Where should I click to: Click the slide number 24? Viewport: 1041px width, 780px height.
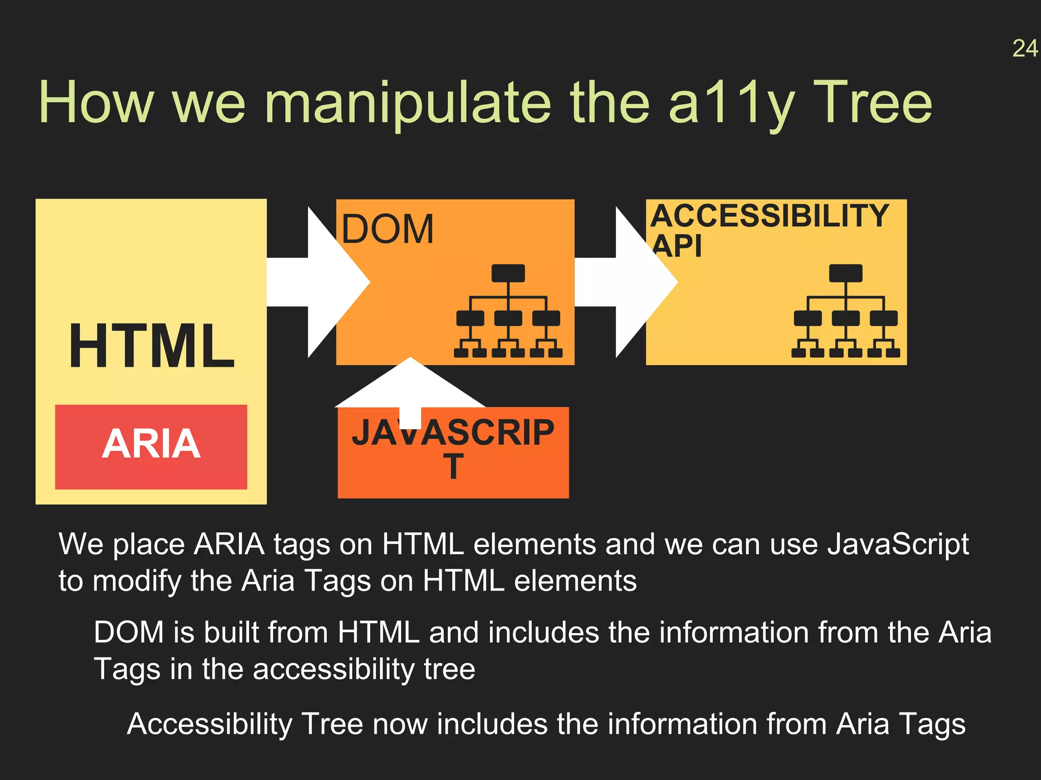coord(1025,49)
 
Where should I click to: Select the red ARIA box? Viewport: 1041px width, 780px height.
coord(151,446)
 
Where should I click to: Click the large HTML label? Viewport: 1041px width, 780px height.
coord(151,346)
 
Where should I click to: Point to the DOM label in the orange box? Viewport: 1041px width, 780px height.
coord(387,230)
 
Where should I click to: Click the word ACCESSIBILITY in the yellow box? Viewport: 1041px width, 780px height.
coord(770,215)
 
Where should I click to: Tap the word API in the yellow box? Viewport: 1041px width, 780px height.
coord(677,246)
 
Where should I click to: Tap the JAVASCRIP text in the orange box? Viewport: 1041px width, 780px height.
coord(452,433)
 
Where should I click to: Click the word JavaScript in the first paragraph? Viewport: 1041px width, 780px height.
coord(898,544)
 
